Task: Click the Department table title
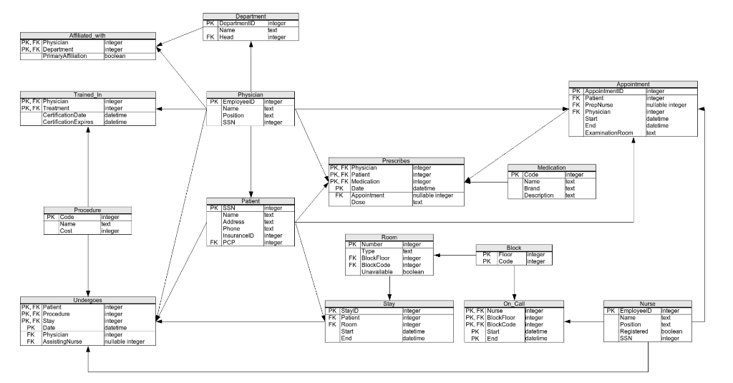251,16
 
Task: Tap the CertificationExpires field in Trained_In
67,122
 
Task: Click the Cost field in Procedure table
68,231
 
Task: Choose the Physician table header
251,94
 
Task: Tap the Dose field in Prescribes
358,202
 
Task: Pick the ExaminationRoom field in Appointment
609,133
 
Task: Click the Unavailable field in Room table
378,272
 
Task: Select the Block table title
513,248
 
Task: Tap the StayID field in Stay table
349,311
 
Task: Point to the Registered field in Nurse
634,331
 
